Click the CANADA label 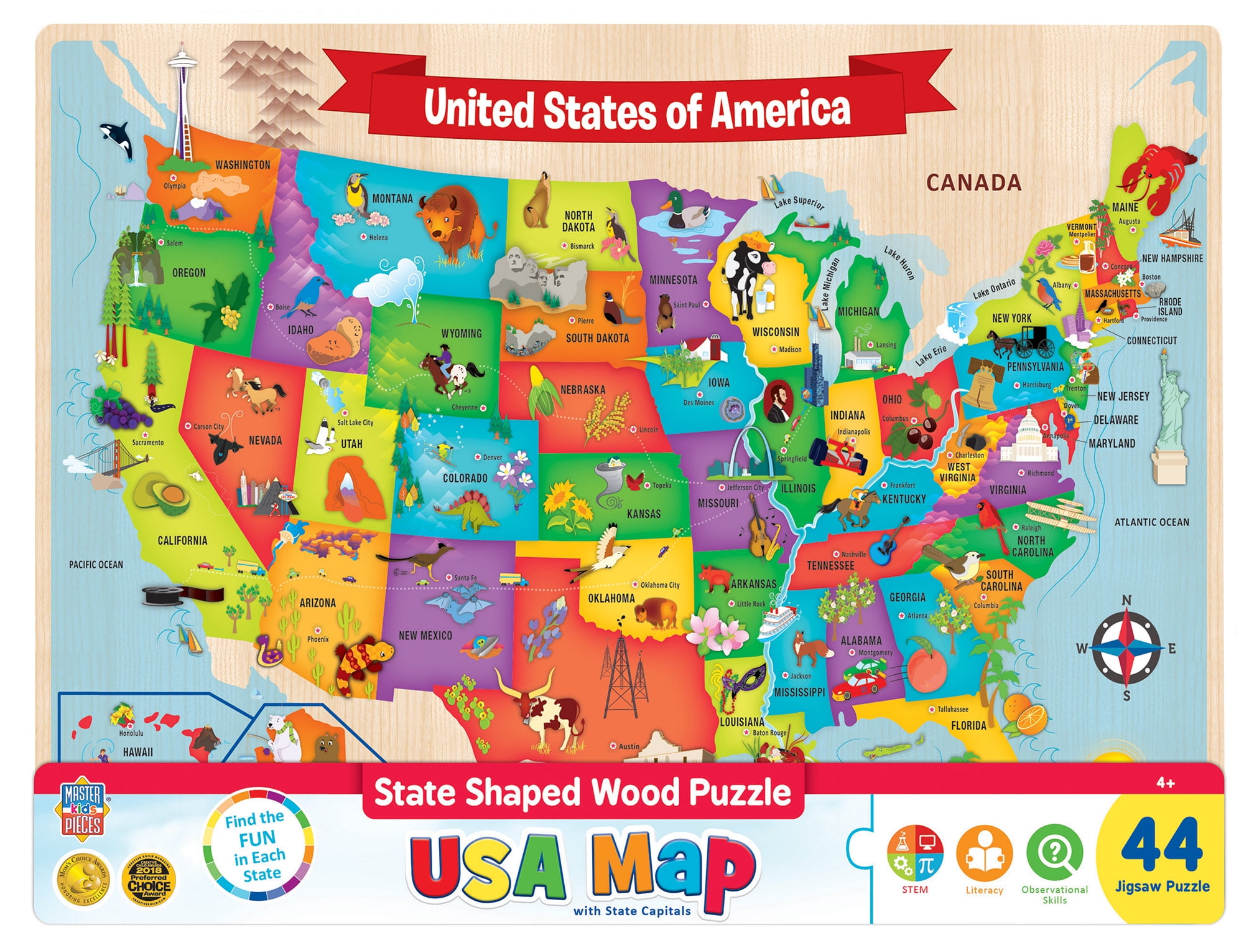973,182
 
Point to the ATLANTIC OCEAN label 1151,522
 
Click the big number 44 1161,845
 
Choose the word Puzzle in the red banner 740,792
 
